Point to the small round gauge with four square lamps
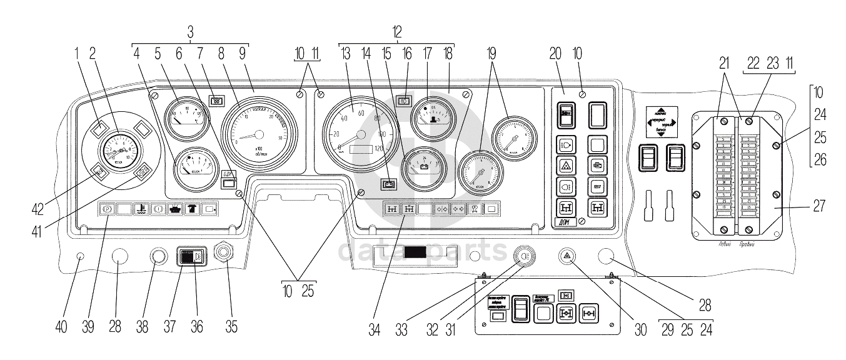coord(119,150)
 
